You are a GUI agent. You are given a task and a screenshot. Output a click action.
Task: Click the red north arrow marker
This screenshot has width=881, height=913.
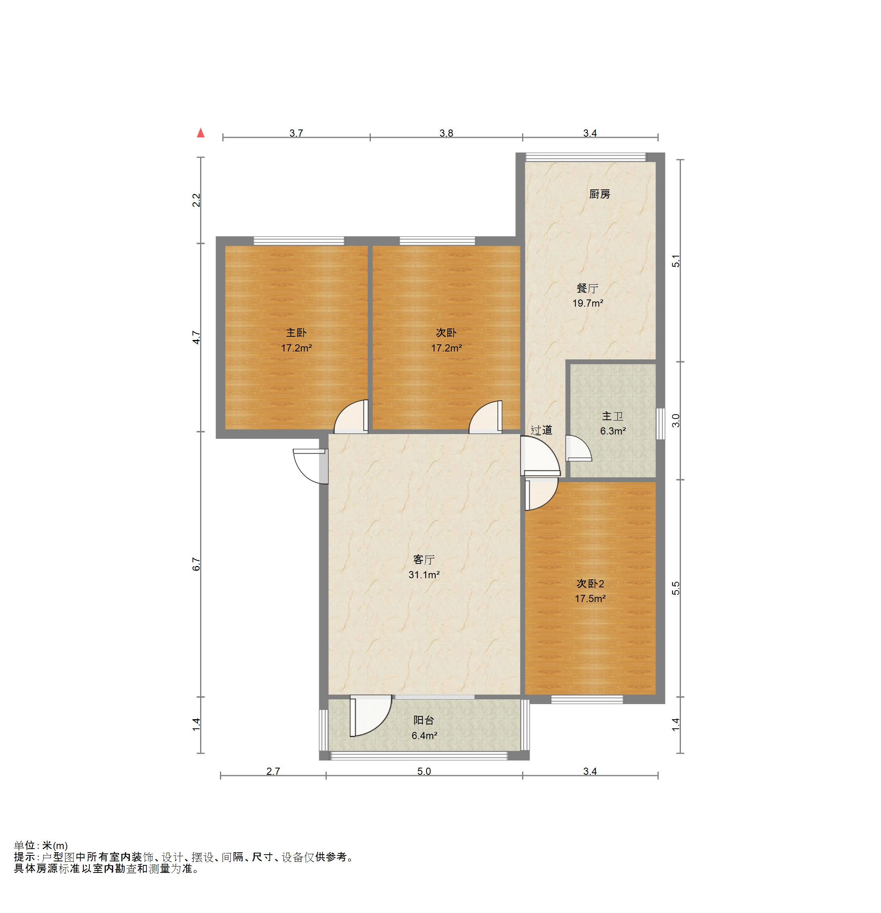200,133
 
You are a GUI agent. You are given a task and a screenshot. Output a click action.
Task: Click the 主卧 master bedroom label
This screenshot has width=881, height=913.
296,332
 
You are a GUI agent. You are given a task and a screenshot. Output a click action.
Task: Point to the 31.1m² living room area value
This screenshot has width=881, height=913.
424,575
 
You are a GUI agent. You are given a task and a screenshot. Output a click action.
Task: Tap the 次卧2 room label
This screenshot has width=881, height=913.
590,584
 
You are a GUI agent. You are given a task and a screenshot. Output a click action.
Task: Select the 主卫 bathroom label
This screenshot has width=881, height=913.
612,416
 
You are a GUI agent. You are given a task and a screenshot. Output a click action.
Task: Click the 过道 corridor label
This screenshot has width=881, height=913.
541,430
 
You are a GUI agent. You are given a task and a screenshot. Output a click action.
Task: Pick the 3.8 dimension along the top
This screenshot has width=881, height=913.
446,133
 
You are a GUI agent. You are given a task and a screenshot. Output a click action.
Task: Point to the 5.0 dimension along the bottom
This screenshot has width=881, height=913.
424,771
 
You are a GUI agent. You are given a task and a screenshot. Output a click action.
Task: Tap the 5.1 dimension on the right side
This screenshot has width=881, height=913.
676,261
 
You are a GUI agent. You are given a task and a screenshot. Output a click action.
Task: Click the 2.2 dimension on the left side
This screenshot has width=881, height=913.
197,200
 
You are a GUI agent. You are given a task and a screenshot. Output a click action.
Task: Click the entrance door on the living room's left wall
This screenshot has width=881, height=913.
311,466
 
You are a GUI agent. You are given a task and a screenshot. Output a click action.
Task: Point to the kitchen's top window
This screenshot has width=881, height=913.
586,157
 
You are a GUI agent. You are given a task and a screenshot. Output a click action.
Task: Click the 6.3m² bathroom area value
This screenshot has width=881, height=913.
612,431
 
